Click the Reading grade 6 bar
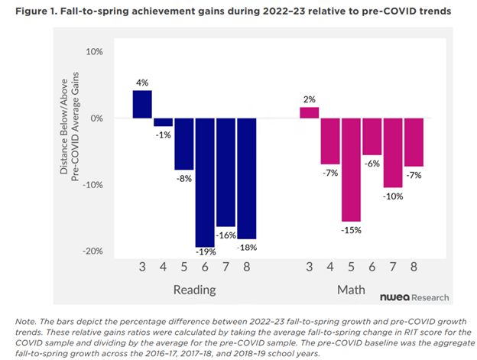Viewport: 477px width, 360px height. (x=205, y=182)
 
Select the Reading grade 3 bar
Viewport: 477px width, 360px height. (x=142, y=104)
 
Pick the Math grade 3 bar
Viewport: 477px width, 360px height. (x=309, y=112)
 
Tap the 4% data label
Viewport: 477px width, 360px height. (x=142, y=82)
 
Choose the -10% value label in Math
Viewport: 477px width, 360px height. (x=393, y=195)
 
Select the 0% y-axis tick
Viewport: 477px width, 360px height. (x=96, y=118)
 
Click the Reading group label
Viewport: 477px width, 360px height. (x=194, y=290)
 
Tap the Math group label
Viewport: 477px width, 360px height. (x=351, y=290)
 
